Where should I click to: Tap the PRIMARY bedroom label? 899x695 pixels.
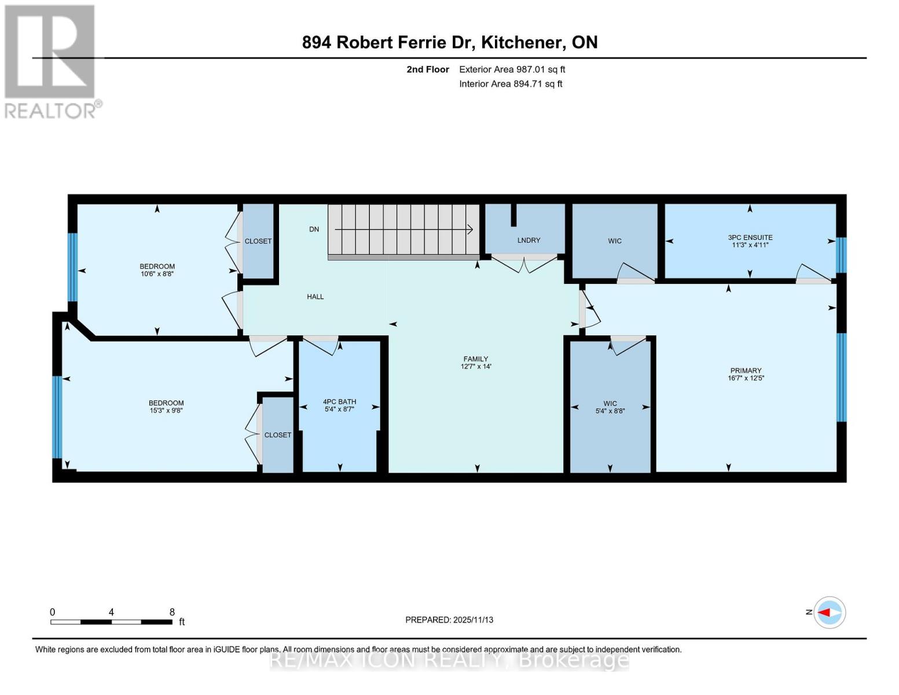tap(746, 371)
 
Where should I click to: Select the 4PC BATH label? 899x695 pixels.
tap(339, 401)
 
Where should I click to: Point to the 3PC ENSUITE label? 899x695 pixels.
tap(750, 237)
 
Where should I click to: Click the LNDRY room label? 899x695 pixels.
tap(529, 240)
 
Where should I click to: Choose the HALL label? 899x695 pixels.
tap(315, 297)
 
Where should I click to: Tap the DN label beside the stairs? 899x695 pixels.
tap(314, 229)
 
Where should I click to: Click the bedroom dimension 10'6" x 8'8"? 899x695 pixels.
tap(157, 274)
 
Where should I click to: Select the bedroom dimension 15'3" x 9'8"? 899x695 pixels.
tap(166, 411)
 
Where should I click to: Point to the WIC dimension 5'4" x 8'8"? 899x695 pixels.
tap(610, 411)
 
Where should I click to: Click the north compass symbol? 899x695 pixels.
tap(830, 612)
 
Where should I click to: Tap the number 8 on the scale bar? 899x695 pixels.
tap(172, 612)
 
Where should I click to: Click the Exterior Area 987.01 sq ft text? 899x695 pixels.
tap(512, 69)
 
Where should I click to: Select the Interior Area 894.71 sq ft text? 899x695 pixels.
tap(511, 84)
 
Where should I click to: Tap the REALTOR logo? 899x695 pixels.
tap(51, 61)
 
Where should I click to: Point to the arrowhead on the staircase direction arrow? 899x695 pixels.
tap(471, 230)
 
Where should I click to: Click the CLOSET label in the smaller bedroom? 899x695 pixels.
tap(258, 242)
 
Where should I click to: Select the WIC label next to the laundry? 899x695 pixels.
tap(615, 241)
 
